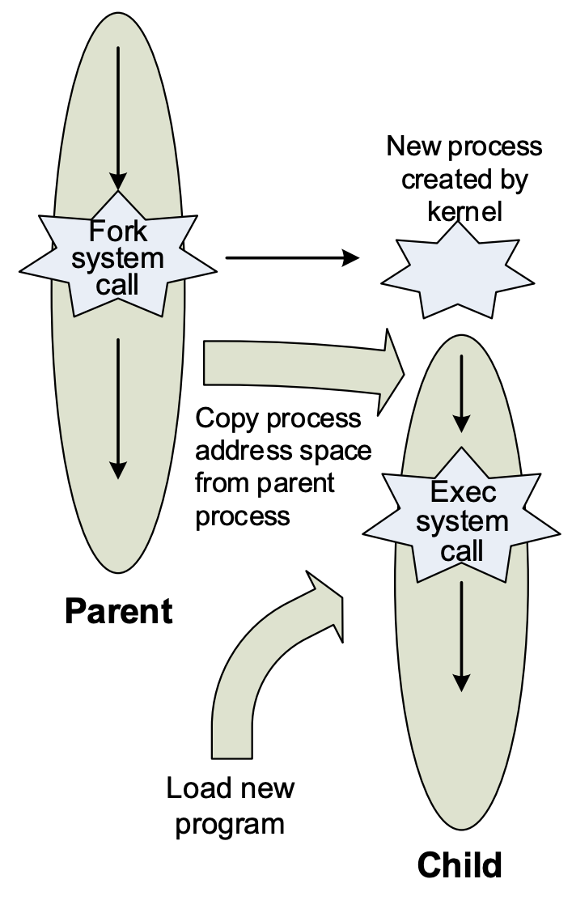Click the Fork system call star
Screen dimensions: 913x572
[x=118, y=257]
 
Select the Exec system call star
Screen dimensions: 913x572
[x=462, y=522]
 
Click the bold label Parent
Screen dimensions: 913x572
[x=119, y=611]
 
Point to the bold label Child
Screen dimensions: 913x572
[x=460, y=865]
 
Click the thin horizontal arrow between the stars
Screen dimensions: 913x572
[x=291, y=258]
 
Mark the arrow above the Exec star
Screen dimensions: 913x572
[x=461, y=393]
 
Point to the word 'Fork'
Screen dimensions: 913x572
[x=118, y=231]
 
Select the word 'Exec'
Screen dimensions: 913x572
[x=463, y=491]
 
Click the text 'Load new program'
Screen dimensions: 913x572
[x=231, y=805]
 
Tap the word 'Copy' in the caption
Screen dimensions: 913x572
[x=227, y=418]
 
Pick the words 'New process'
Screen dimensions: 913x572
[x=464, y=147]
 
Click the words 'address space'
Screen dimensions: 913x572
[x=283, y=450]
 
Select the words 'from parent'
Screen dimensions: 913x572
[x=265, y=482]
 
